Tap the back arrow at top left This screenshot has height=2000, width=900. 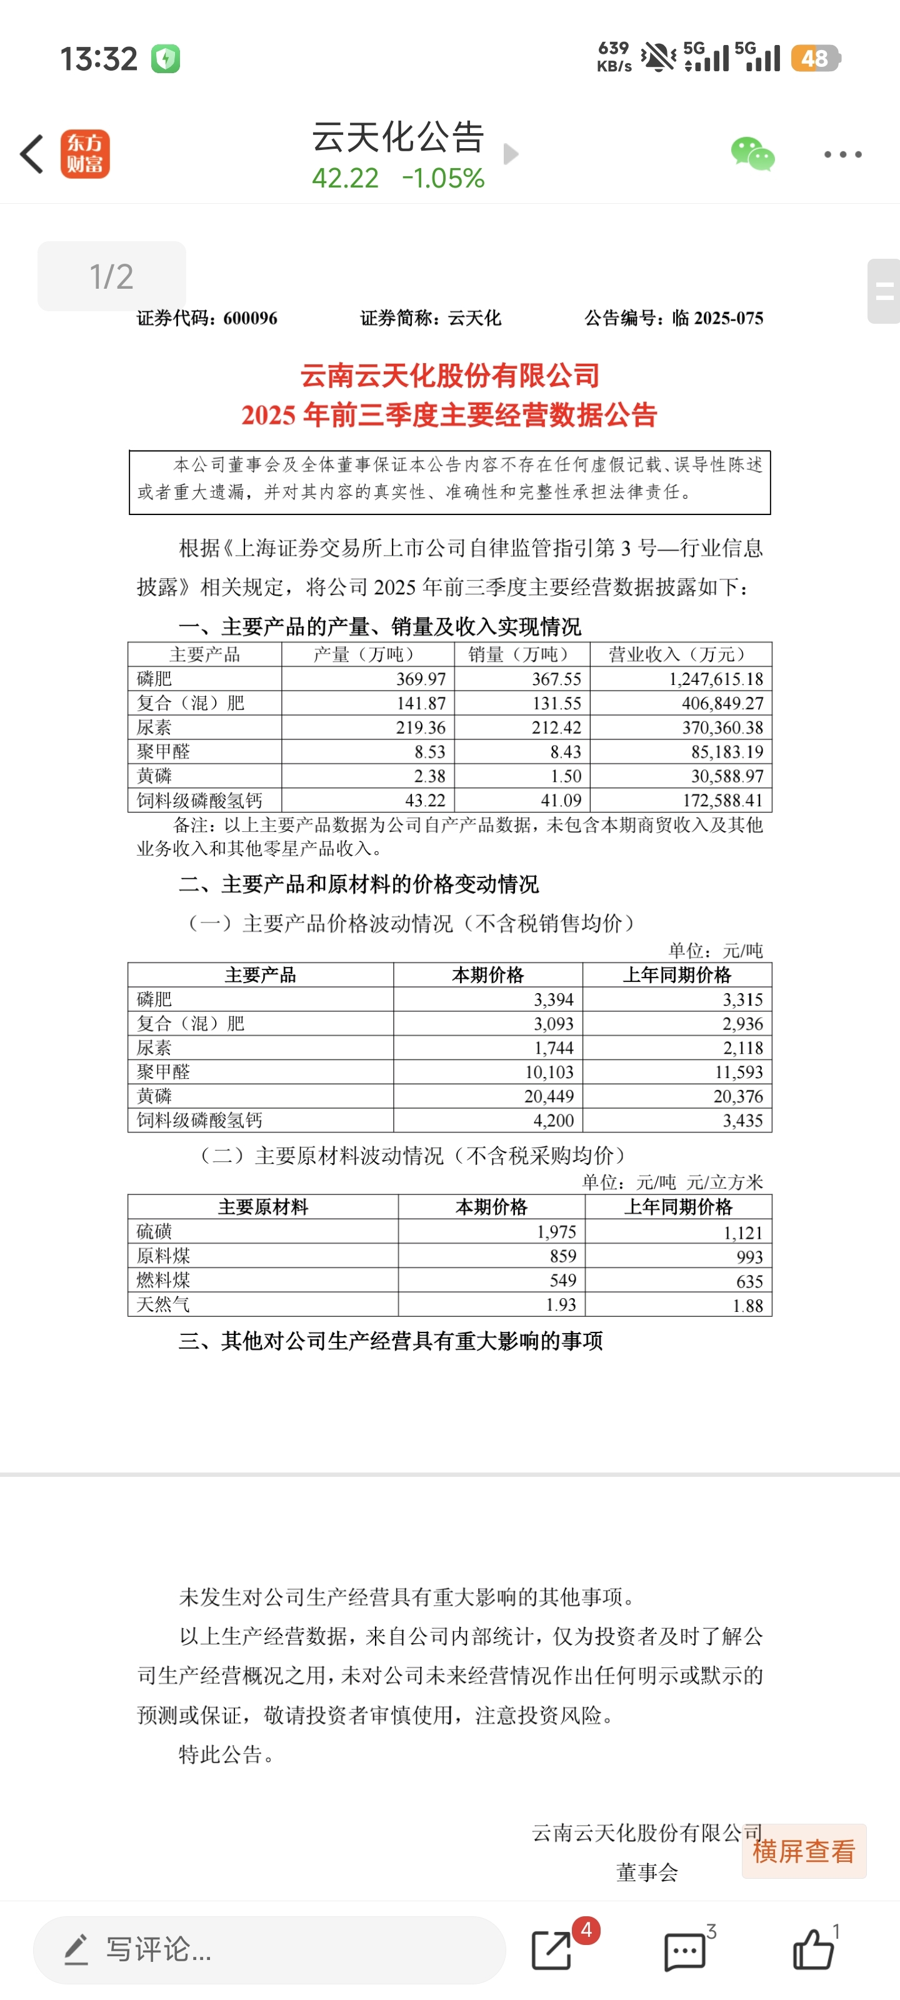[32, 154]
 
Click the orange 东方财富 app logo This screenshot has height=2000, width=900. [86, 154]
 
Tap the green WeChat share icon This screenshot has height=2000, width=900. [752, 154]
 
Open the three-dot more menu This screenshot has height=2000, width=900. [842, 154]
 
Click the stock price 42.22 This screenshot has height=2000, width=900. [346, 179]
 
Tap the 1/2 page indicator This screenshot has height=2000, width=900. [112, 276]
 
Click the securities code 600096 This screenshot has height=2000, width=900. [249, 318]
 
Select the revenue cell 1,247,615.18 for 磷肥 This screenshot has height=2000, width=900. [716, 679]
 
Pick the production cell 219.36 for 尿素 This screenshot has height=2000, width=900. [420, 727]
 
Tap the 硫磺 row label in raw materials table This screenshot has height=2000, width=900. [154, 1231]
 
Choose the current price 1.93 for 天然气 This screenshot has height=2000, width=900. [561, 1304]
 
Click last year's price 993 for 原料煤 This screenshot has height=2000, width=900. [749, 1256]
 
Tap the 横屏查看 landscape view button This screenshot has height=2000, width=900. [804, 1851]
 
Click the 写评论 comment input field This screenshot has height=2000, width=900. [269, 1949]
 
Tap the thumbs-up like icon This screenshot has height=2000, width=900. [812, 1949]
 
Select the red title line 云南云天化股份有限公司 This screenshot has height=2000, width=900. [449, 376]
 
